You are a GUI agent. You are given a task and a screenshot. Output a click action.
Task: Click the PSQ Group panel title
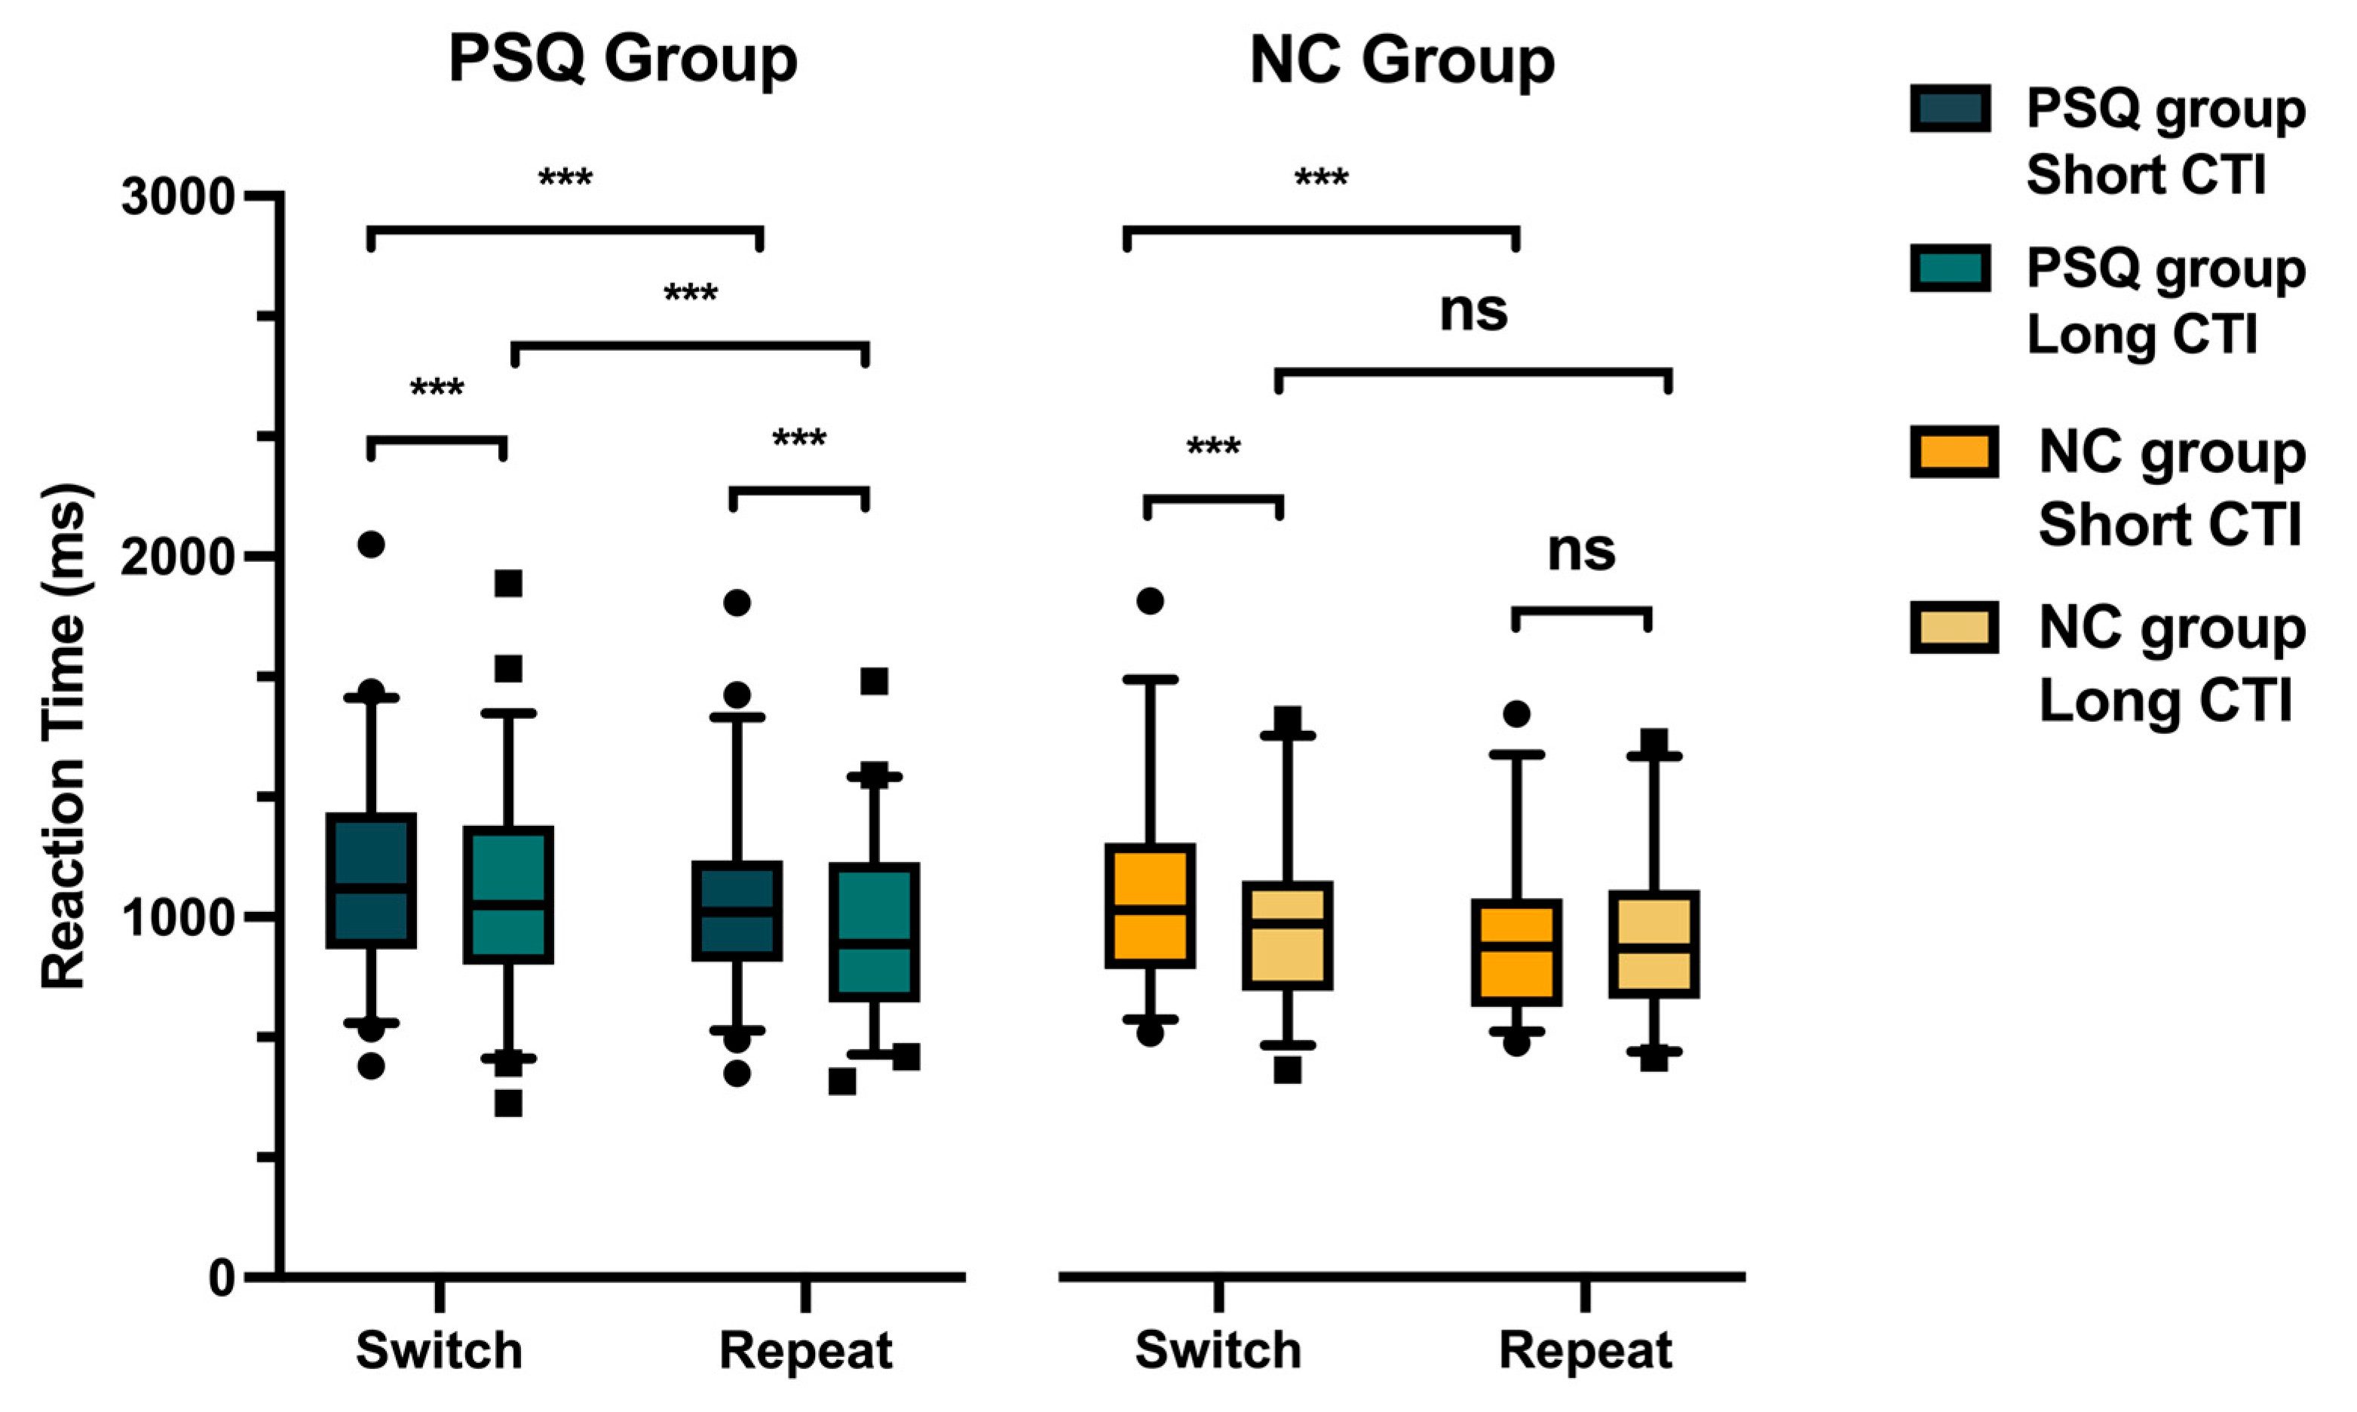pos(622,59)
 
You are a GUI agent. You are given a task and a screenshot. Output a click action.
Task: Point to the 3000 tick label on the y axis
pos(178,198)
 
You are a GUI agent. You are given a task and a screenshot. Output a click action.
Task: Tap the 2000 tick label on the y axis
pos(178,557)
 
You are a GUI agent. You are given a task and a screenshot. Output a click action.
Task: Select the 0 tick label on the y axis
pos(221,1278)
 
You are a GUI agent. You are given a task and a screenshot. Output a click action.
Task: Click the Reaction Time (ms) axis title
pos(65,738)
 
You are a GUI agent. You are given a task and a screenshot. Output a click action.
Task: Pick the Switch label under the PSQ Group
pos(440,1350)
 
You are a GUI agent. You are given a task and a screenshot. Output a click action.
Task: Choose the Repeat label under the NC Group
pos(1586,1350)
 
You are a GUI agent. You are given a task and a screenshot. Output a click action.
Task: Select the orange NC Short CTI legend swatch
pos(1954,451)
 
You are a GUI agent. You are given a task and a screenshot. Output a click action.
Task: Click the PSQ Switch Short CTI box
pos(371,880)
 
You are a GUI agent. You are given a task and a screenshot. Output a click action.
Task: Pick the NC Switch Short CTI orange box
pos(1150,906)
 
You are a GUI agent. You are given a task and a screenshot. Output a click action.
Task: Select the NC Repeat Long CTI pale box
pos(1654,944)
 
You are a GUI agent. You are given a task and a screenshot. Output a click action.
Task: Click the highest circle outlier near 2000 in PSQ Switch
pos(371,545)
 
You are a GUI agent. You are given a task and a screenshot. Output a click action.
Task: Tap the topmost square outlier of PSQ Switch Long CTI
pos(508,583)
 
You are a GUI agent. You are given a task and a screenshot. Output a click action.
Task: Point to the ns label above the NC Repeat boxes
pos(1581,551)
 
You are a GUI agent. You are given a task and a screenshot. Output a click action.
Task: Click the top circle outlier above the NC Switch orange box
pos(1150,601)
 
